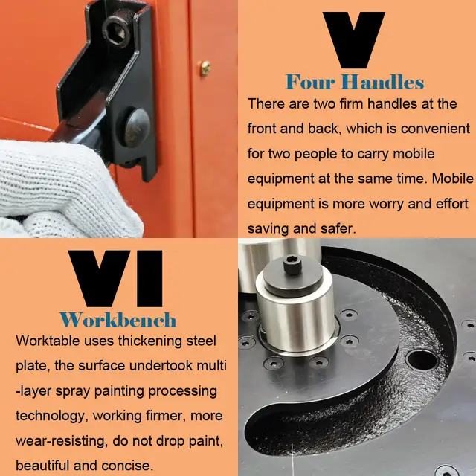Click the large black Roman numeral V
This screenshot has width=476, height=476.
tap(354, 39)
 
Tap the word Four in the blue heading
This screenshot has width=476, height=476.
tap(310, 82)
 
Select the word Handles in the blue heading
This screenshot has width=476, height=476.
tap(382, 82)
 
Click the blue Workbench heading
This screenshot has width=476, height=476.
tap(118, 320)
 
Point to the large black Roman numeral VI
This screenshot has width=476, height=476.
tap(115, 278)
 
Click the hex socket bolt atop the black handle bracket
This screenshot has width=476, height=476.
tap(117, 30)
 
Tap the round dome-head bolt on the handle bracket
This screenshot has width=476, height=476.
tap(137, 128)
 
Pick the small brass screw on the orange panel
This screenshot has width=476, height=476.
tap(205, 68)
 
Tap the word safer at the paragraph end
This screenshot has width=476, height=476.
tap(341, 229)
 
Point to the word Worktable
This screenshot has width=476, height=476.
tap(48, 341)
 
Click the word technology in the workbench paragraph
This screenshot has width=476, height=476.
tap(51, 416)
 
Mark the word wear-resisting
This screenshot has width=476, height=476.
tap(62, 441)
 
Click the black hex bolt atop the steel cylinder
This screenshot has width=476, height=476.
tap(292, 265)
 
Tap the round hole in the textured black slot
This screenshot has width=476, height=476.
tap(422, 360)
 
